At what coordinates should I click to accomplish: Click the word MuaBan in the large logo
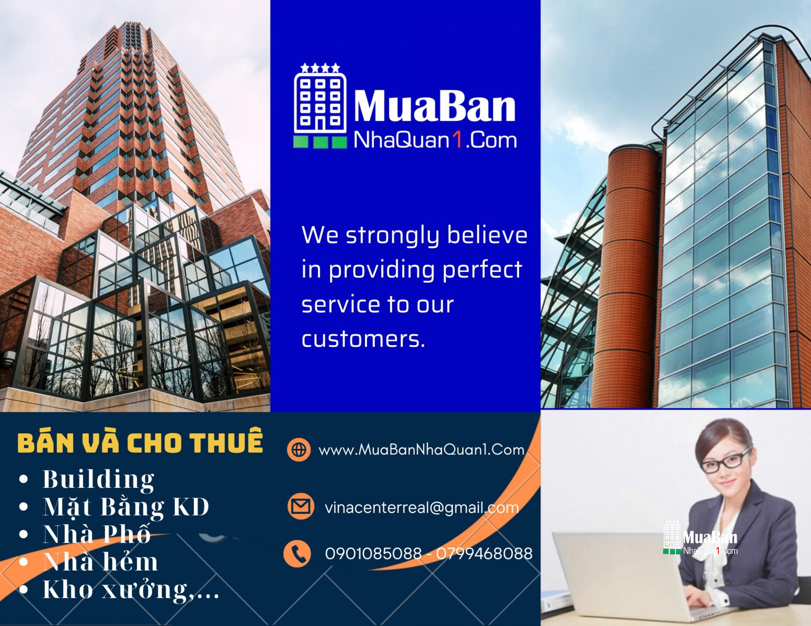(x=434, y=108)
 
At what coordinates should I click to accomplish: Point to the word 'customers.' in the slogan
(x=364, y=339)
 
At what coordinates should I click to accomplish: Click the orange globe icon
(x=299, y=449)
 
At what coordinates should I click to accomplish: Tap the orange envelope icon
(x=300, y=507)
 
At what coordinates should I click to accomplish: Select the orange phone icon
(x=297, y=553)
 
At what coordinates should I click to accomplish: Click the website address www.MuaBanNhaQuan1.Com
(x=421, y=449)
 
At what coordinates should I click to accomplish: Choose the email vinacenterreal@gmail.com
(x=422, y=507)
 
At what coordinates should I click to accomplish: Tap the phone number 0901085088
(x=373, y=553)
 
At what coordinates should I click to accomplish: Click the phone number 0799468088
(x=484, y=553)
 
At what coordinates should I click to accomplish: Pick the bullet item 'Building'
(x=99, y=479)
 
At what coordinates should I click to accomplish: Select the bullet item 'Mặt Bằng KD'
(x=126, y=507)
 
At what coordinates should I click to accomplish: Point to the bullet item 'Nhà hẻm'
(x=101, y=561)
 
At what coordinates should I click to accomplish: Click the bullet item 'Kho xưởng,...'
(x=131, y=589)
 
